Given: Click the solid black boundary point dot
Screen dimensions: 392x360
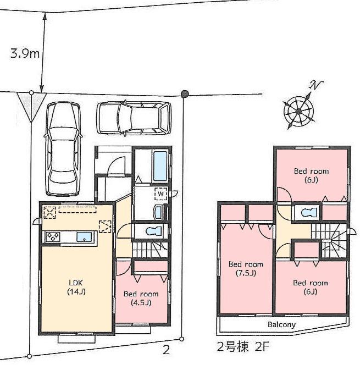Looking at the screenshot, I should pyautogui.click(x=185, y=94).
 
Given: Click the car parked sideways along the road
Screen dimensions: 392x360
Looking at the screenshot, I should pyautogui.click(x=132, y=118).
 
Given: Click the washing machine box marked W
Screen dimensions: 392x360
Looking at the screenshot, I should pyautogui.click(x=160, y=194).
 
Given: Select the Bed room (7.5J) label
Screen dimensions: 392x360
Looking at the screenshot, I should pyautogui.click(x=246, y=268).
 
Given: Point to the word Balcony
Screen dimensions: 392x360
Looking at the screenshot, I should pyautogui.click(x=281, y=324).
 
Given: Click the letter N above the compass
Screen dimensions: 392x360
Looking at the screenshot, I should pyautogui.click(x=315, y=85).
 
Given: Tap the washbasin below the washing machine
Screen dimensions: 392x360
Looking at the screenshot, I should pyautogui.click(x=159, y=212).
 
